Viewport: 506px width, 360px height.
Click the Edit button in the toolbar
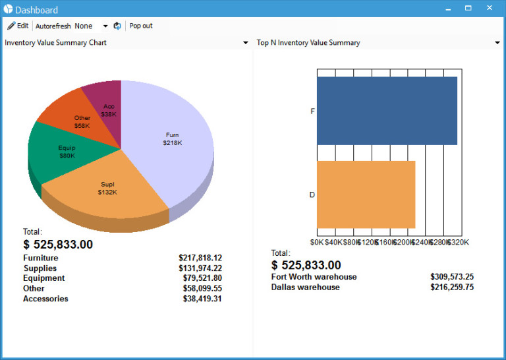18,26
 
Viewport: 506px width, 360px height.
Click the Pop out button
140,26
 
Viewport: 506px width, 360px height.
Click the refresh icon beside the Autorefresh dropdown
117,26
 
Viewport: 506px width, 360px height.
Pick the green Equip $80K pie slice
66,152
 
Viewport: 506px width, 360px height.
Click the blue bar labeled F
387,111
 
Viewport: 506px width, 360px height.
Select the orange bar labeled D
366,195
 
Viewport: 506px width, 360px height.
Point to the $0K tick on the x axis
317,242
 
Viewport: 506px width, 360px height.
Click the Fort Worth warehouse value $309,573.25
451,277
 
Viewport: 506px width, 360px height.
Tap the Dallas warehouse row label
305,287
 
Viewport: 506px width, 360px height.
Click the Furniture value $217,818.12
200,258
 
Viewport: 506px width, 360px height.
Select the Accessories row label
45,299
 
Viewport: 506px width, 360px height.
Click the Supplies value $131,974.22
200,268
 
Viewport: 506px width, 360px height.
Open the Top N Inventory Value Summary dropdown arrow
497,43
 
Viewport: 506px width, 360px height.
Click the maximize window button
468,9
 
